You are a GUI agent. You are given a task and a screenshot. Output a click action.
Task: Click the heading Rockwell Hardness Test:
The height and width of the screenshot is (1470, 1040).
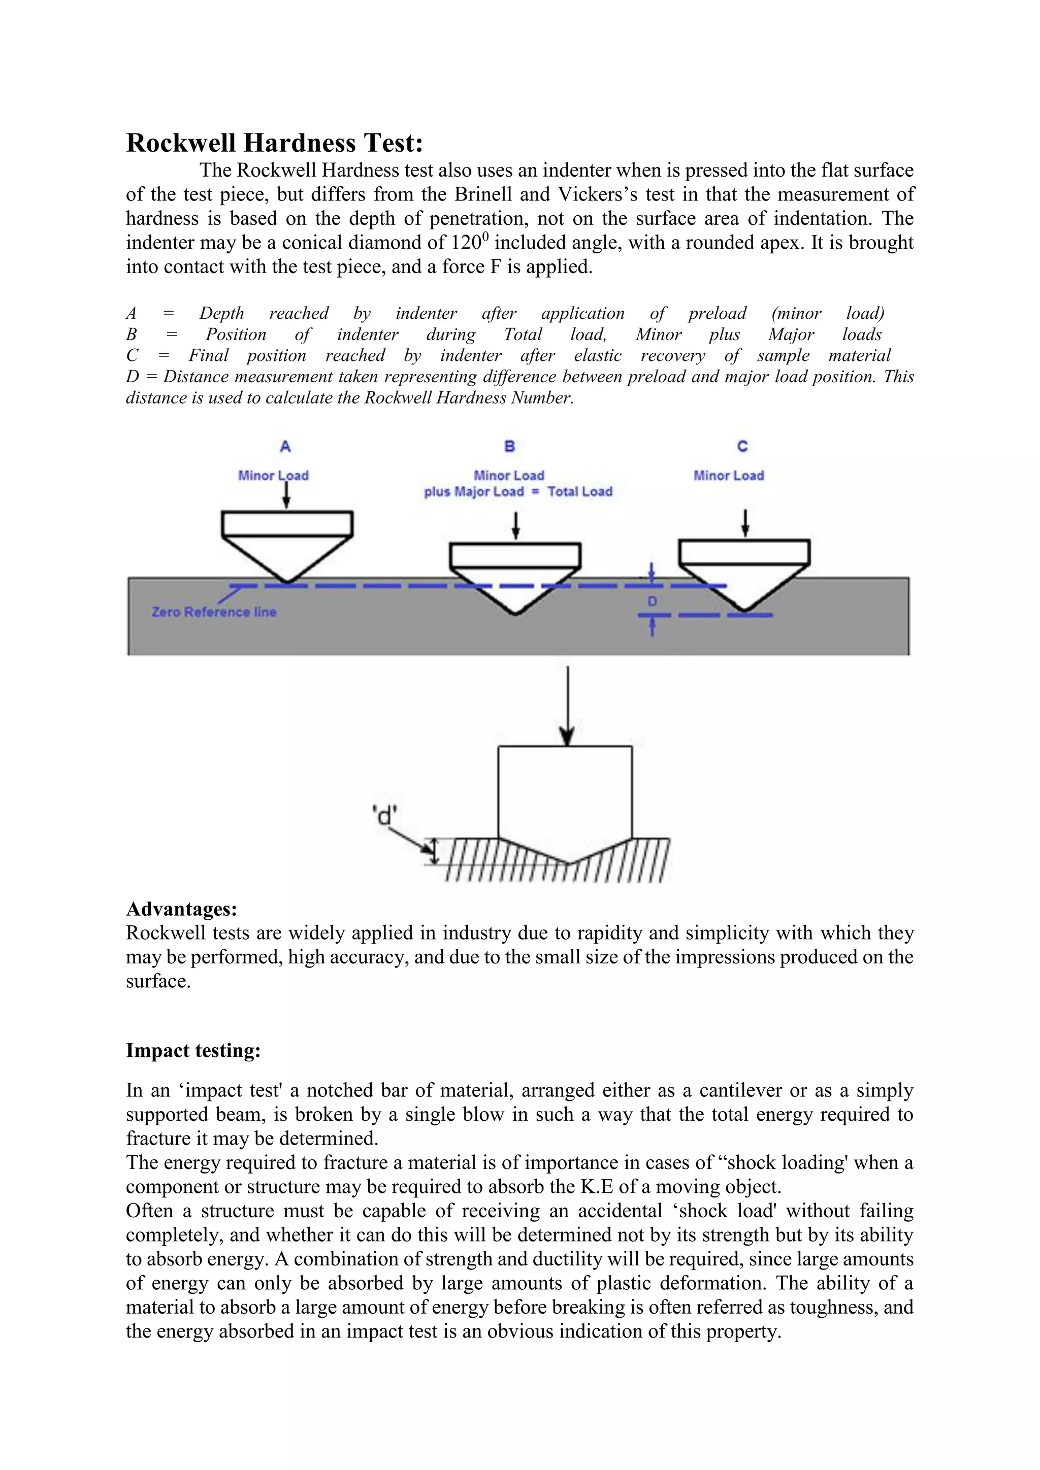[x=274, y=143]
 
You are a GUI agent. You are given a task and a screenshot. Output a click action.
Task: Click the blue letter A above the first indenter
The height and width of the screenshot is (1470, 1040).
[x=285, y=446]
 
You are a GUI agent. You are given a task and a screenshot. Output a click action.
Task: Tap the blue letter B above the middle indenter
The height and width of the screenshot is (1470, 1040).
[x=510, y=446]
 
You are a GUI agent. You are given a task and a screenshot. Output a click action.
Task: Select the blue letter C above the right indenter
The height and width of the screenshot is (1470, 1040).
[x=742, y=446]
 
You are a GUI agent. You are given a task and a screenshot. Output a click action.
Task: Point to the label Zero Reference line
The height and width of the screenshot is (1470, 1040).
[x=214, y=612]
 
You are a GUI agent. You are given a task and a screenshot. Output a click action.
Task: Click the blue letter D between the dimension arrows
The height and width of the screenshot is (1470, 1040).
[x=652, y=601]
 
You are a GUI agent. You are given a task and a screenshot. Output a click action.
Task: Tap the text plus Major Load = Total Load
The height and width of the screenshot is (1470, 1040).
[x=517, y=492]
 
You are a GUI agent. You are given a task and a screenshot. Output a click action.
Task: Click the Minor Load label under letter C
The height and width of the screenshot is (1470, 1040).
[x=728, y=476]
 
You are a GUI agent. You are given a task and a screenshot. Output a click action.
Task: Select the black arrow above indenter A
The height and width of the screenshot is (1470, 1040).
[x=286, y=494]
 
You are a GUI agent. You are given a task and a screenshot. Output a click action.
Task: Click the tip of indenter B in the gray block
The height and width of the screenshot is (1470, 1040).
[x=515, y=613]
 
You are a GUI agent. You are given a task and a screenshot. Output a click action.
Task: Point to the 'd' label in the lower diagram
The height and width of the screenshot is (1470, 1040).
[x=384, y=816]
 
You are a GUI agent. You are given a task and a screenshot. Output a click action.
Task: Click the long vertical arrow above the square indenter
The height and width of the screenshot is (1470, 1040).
[x=567, y=704]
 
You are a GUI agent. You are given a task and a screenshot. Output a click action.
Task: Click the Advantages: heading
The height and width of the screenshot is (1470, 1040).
[x=181, y=909]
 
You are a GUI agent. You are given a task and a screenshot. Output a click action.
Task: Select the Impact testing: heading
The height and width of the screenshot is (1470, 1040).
[x=193, y=1051]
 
